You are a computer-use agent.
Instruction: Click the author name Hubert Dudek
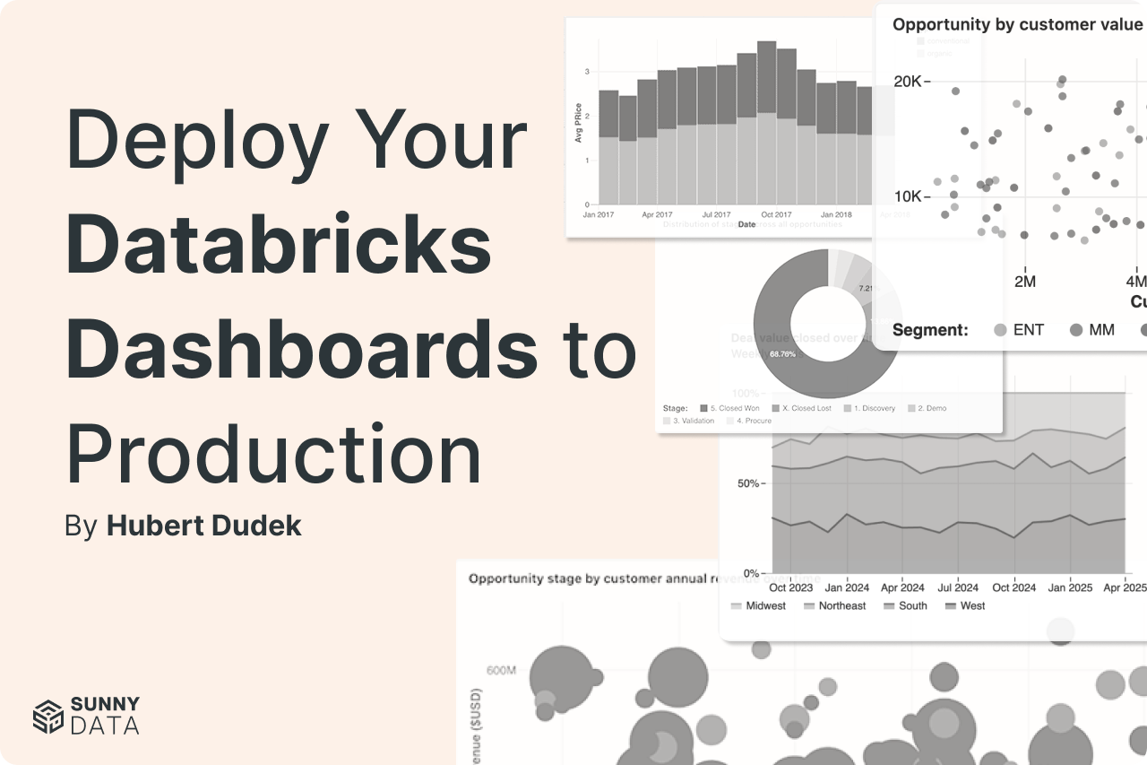(x=203, y=526)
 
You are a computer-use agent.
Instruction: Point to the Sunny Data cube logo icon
(x=48, y=716)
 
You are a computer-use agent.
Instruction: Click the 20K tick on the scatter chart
(x=907, y=82)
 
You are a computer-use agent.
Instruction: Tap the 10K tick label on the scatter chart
(x=907, y=196)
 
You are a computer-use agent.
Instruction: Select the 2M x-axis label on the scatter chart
(x=1024, y=281)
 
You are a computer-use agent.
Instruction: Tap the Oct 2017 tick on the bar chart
(x=776, y=215)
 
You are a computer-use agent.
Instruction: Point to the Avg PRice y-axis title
(x=578, y=124)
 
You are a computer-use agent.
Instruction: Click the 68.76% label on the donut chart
(x=782, y=354)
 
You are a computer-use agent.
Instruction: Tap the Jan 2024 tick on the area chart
(x=847, y=587)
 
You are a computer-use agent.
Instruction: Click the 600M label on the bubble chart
(x=501, y=670)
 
